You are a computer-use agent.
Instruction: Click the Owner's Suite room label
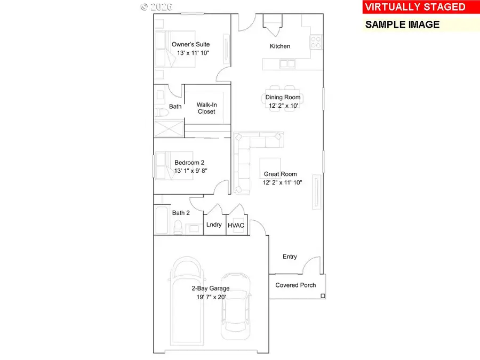[190, 45]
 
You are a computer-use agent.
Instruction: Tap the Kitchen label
[280, 46]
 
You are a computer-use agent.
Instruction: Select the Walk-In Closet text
[206, 108]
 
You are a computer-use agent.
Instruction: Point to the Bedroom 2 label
[189, 163]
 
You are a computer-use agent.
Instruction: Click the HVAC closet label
[236, 225]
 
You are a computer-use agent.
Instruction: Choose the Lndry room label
[214, 225]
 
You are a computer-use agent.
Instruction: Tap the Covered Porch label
[295, 285]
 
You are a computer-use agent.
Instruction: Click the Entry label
[290, 257]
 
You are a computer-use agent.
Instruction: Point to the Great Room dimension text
[283, 183]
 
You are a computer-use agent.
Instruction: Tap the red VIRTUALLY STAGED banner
[415, 7]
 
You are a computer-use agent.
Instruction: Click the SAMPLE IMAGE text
[402, 25]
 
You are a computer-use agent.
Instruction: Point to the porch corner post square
[323, 295]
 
